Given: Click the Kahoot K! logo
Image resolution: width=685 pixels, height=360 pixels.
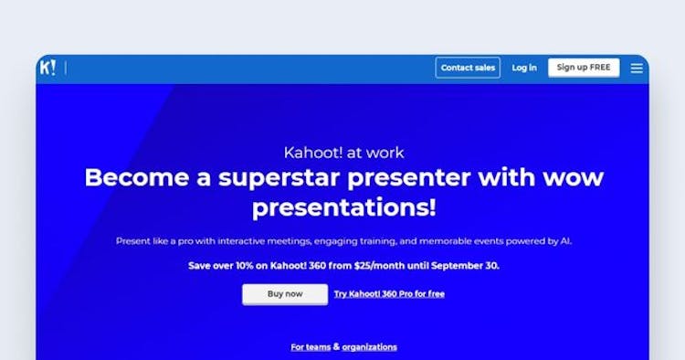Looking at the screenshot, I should pyautogui.click(x=47, y=68).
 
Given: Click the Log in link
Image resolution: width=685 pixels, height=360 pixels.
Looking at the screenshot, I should pyautogui.click(x=524, y=68).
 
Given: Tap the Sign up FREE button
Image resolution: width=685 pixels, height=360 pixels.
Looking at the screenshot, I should pyautogui.click(x=584, y=68).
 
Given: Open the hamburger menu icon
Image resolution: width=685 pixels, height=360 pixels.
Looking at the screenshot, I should pyautogui.click(x=637, y=68).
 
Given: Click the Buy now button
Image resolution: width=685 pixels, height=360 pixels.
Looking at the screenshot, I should pyautogui.click(x=285, y=294).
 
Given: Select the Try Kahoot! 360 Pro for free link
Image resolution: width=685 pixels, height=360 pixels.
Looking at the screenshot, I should pyautogui.click(x=389, y=294).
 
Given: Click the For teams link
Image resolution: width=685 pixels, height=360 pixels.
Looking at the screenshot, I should pyautogui.click(x=311, y=347).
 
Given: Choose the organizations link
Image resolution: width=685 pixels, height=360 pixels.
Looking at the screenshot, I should pyautogui.click(x=369, y=347).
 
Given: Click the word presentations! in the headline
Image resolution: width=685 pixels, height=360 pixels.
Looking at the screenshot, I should pyautogui.click(x=343, y=207).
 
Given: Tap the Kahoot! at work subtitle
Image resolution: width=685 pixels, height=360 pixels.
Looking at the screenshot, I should pyautogui.click(x=343, y=153).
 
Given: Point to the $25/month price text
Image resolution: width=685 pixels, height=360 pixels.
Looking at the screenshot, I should pyautogui.click(x=405, y=266).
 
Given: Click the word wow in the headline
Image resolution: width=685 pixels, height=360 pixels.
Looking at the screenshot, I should pyautogui.click(x=574, y=177).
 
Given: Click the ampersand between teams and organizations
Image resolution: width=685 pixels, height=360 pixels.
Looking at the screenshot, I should pyautogui.click(x=336, y=347).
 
